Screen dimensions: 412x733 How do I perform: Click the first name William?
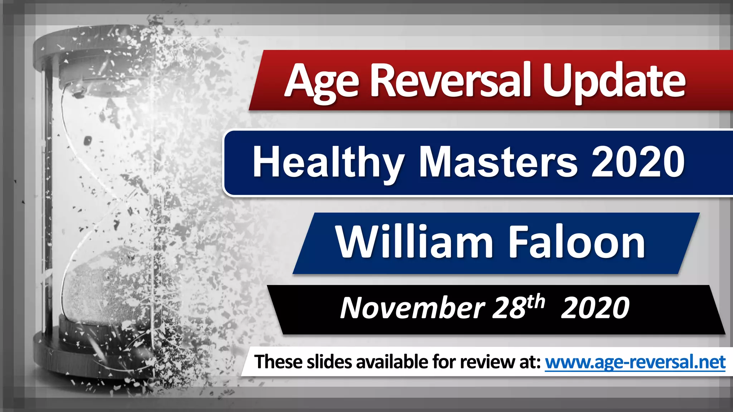415,243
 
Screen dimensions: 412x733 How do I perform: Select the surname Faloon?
577,243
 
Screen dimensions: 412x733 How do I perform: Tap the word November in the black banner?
412,308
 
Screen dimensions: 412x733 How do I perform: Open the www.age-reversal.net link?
635,362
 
